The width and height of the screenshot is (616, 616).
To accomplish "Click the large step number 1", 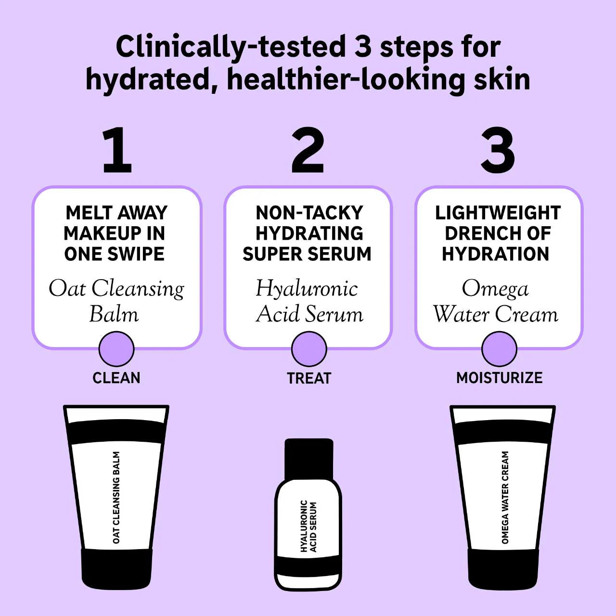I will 117,150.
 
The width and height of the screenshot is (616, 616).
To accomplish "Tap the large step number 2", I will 308,150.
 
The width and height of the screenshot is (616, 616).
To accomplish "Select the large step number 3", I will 498,150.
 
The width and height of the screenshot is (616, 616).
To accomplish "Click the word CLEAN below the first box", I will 116,378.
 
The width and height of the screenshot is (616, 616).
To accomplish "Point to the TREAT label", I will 309,378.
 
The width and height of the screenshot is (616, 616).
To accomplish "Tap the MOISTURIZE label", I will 499,378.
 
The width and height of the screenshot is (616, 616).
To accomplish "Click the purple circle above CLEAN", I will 116,349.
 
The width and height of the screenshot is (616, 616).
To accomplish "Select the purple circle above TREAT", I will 309,349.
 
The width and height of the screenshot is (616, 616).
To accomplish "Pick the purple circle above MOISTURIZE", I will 499,349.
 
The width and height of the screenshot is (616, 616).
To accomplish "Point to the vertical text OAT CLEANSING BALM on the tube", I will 116,497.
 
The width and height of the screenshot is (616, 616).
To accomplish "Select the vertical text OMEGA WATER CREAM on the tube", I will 505,497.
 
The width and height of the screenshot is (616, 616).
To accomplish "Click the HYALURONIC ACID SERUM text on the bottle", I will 308,526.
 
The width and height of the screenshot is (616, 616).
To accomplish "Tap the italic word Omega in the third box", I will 495,289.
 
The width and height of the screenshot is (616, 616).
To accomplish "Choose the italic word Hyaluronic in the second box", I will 307,289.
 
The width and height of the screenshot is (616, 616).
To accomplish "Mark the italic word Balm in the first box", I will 114,314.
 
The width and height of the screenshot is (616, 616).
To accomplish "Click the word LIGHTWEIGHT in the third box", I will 498,213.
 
